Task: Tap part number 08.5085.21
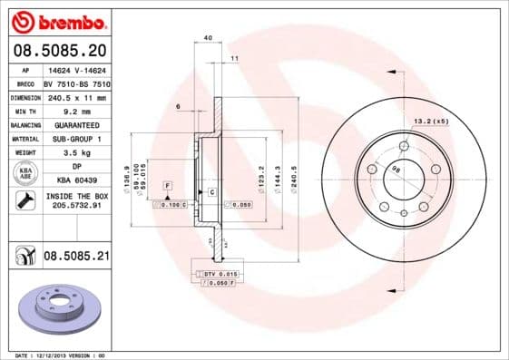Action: click(75, 258)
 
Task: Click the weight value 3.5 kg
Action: click(74, 153)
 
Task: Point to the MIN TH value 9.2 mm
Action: click(74, 111)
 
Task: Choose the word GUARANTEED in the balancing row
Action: click(74, 125)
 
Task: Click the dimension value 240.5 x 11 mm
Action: click(74, 96)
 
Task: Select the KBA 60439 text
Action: click(74, 181)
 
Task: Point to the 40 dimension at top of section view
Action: click(208, 37)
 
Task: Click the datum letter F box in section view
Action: click(168, 185)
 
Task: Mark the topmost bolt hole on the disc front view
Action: click(404, 143)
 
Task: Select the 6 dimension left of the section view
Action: click(179, 106)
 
